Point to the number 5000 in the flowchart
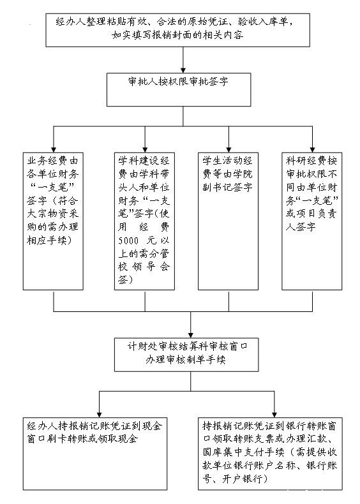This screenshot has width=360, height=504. [128, 241]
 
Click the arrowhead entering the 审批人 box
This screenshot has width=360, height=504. [183, 70]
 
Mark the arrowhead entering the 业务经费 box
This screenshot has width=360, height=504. [54, 150]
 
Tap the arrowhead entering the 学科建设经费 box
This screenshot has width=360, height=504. [145, 150]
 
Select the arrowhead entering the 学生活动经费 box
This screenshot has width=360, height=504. [229, 150]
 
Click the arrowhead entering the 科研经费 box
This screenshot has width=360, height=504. [312, 150]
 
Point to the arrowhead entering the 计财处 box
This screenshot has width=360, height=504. [190, 335]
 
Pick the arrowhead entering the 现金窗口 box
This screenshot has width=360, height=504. [99, 415]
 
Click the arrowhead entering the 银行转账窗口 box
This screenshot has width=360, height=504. [274, 415]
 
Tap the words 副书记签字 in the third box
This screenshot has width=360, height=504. [227, 187]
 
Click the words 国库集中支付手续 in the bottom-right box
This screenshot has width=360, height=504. [244, 452]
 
